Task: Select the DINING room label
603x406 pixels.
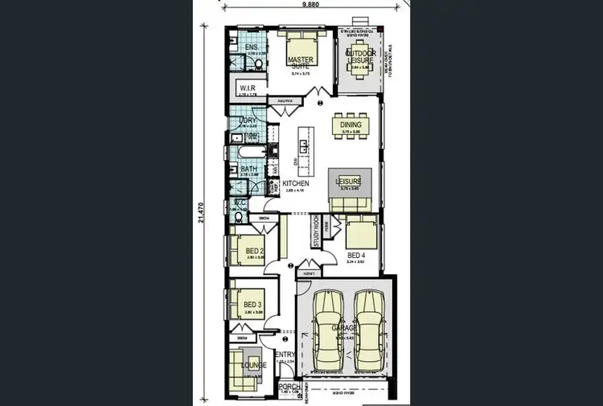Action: coord(351,125)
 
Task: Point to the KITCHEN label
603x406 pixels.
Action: coord(295,183)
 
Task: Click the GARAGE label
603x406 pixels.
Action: coord(344,329)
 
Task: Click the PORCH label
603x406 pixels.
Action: coord(289,386)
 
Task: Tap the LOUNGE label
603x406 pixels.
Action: coord(254,366)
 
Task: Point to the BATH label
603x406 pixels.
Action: coord(248,169)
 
